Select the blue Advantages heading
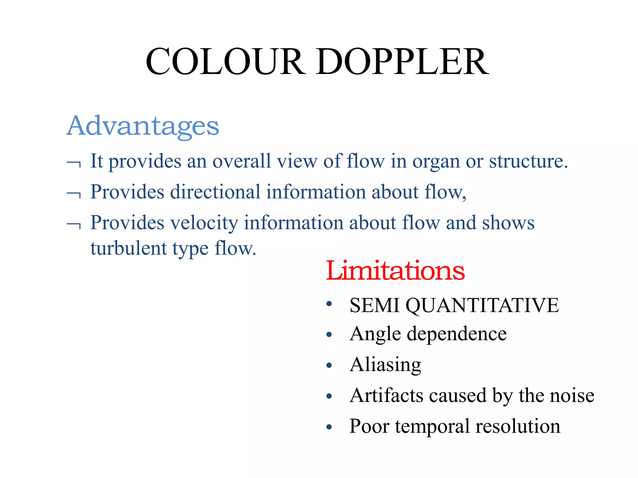point(143,126)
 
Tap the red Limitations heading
point(395,271)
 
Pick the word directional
point(215,192)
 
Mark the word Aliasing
point(385,365)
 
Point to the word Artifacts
point(386,396)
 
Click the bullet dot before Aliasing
point(329,365)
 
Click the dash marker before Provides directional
point(74,194)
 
